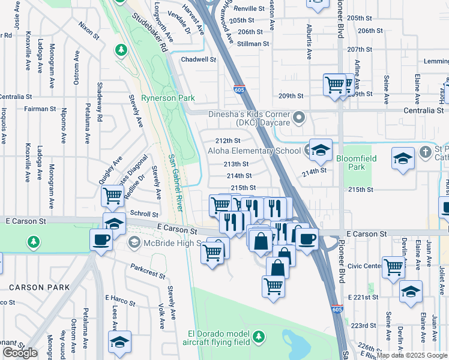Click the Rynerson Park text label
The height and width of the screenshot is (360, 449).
pos(160,97)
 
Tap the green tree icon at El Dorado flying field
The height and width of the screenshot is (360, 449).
pos(258,335)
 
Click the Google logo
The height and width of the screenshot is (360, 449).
pos(20,353)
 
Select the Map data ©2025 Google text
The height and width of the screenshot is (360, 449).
pos(411,355)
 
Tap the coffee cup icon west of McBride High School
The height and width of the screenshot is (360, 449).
pos(101,240)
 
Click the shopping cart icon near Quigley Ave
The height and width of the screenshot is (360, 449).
pos(113,196)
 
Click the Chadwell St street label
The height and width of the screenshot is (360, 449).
pos(198,59)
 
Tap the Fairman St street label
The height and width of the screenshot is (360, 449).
pos(40,109)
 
